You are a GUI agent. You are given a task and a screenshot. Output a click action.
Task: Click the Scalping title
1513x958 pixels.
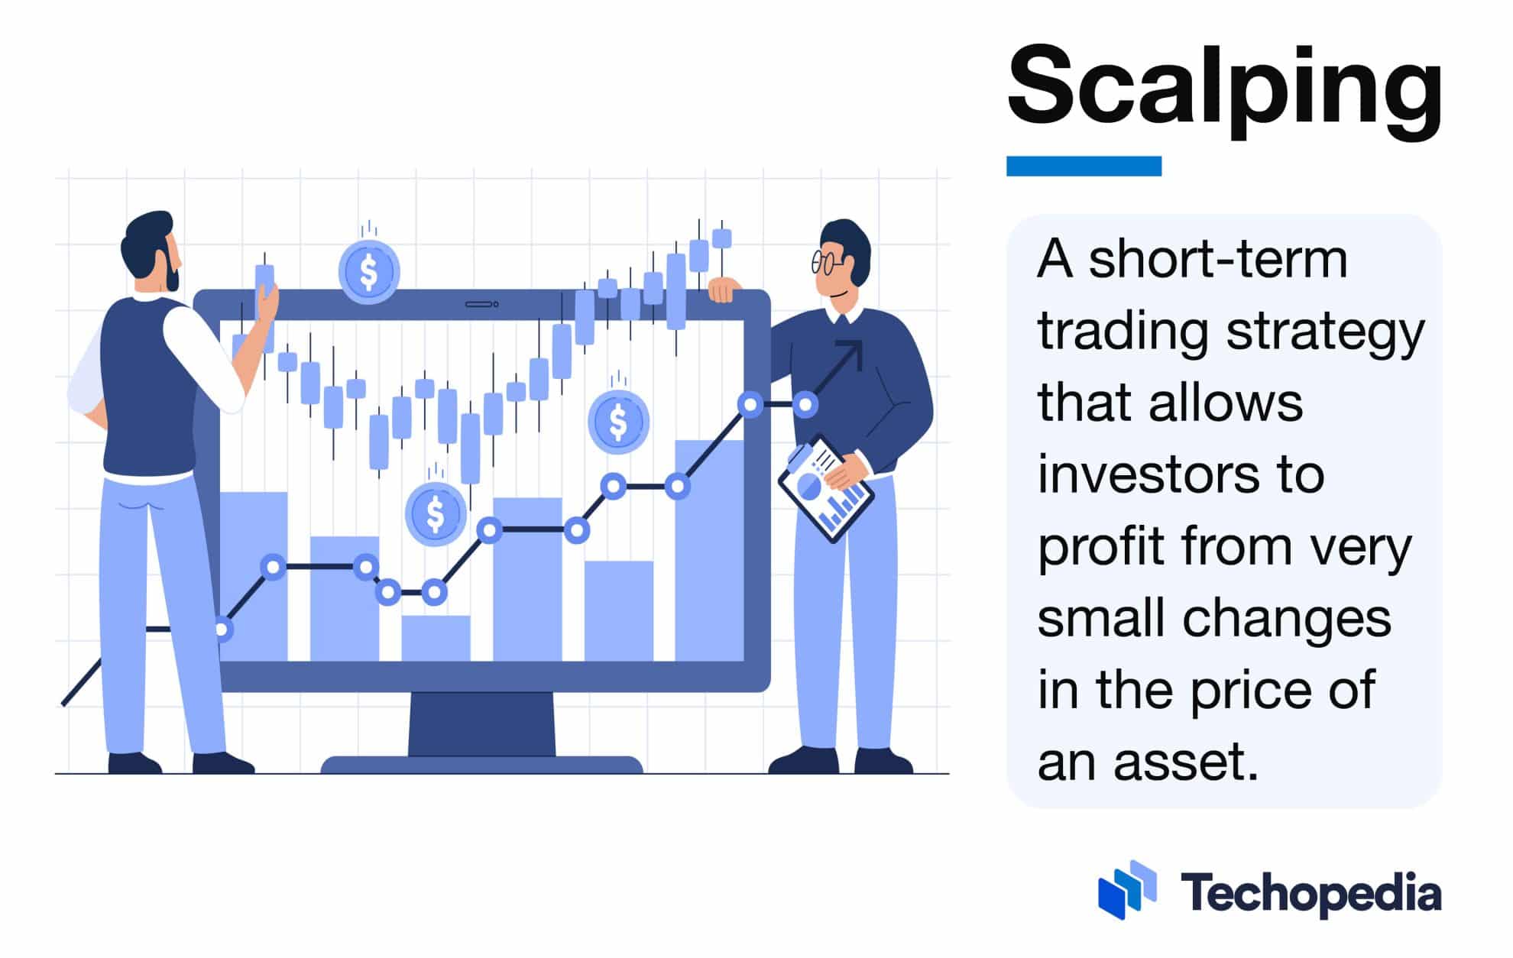click(x=1225, y=88)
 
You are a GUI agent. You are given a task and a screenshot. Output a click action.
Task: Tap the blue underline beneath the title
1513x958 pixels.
click(x=1084, y=166)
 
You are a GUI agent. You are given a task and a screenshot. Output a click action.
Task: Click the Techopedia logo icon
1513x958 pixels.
click(x=1126, y=890)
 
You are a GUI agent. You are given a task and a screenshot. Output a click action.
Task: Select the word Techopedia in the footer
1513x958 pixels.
click(x=1311, y=893)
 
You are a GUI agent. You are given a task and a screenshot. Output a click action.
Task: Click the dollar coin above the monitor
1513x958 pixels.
click(x=369, y=271)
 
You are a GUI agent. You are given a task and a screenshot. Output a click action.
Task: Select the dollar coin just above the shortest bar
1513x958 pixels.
click(x=436, y=513)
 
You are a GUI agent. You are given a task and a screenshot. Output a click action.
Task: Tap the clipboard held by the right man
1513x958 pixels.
click(x=825, y=489)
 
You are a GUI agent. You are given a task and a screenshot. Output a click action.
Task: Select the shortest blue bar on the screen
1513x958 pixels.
click(x=436, y=638)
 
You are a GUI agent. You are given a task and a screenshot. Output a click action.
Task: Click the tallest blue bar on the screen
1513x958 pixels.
click(x=709, y=550)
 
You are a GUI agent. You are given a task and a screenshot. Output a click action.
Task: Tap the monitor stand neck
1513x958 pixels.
click(x=481, y=723)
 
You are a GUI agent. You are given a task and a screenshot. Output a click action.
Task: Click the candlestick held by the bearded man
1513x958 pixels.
click(x=264, y=277)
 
